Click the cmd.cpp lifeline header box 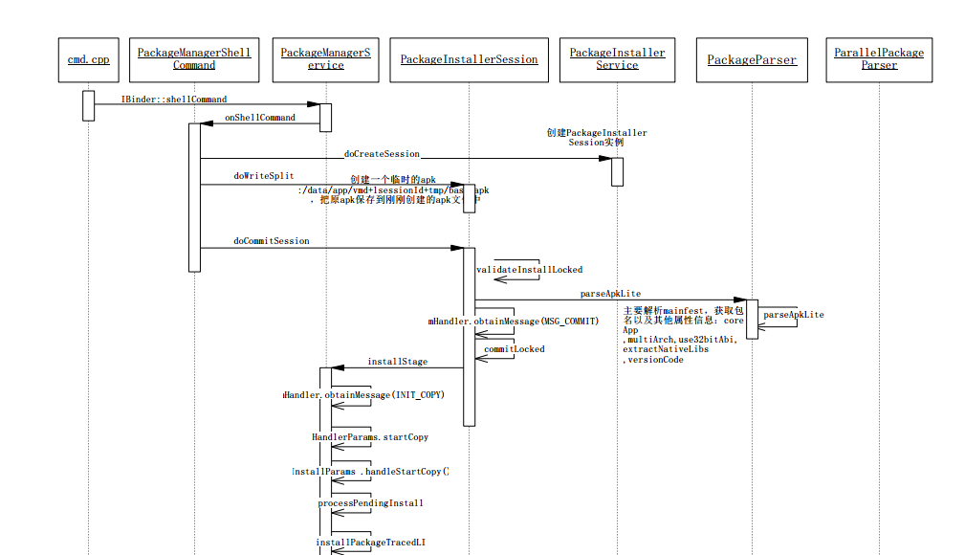coord(88,59)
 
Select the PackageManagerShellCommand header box coord(194,59)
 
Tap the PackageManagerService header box coord(325,59)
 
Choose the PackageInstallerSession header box coord(469,59)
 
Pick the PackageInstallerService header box coord(617,59)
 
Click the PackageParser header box coord(752,59)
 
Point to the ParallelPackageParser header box coord(879,59)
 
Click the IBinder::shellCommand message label coord(174,100)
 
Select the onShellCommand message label coord(260,118)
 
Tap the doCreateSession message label coord(382,153)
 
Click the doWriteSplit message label coord(264,176)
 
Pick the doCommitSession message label coord(272,241)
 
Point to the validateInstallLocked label coord(530,270)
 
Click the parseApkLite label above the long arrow coord(610,294)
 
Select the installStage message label coord(398,362)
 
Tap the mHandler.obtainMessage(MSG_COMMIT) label coord(514,322)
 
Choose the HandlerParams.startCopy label coord(370,437)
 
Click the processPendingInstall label coord(370,502)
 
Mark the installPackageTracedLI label coord(371,543)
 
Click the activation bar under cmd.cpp coord(88,105)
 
